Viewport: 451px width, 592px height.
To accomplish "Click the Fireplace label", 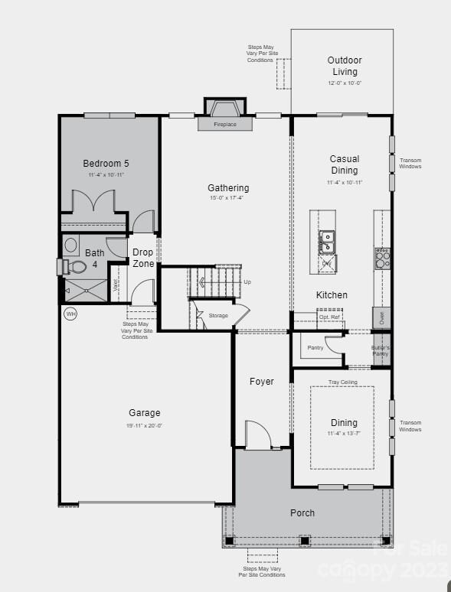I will (224, 124).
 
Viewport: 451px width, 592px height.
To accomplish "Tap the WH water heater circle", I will (70, 314).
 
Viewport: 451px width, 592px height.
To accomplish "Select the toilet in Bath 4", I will (77, 267).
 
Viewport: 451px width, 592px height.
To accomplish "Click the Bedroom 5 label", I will (106, 163).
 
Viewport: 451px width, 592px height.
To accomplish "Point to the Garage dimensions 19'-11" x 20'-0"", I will (145, 426).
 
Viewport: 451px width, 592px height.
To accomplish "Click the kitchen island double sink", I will (327, 242).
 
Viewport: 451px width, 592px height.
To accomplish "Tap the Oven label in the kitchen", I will (381, 317).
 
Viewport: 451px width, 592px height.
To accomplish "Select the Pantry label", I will (315, 347).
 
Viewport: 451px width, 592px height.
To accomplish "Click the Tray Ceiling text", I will (343, 382).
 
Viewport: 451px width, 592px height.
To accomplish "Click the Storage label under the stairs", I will (218, 315).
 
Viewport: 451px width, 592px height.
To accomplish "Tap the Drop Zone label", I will (143, 258).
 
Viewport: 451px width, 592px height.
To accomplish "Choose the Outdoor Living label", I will (345, 66).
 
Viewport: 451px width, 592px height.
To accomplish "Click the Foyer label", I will (261, 381).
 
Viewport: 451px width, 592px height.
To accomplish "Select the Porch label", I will (302, 512).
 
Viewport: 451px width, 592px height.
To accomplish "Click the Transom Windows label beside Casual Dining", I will (410, 163).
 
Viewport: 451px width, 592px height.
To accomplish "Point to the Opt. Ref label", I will (328, 316).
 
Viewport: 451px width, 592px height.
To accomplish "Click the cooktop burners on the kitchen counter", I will (381, 258).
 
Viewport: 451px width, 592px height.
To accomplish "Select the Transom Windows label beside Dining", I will (410, 426).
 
